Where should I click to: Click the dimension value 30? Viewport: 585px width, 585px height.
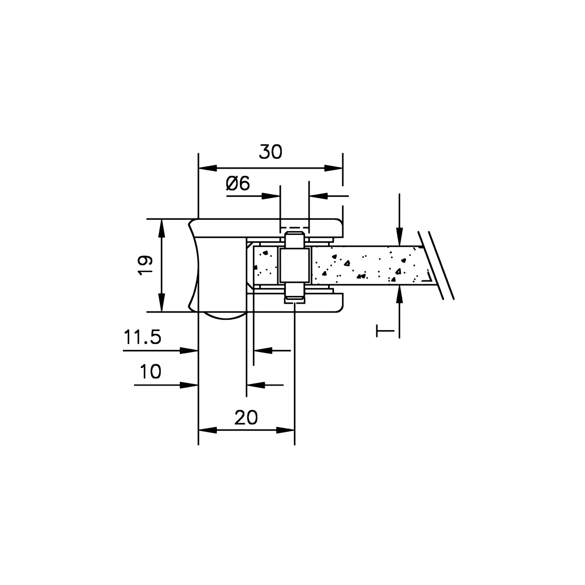coord(271,152)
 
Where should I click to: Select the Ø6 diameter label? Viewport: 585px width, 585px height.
coord(238,183)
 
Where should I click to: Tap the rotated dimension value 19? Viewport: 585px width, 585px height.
coord(145,265)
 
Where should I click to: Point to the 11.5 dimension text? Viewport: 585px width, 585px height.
coord(142,337)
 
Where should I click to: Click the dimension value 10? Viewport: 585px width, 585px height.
coord(151,371)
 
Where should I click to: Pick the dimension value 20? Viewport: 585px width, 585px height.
coord(246,417)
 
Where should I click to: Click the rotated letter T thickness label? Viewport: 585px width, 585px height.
coord(385,331)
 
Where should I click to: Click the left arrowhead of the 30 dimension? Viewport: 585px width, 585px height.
coord(208,168)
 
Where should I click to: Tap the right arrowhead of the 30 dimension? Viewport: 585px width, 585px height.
coord(333,168)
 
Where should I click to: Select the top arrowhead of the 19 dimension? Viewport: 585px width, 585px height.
coord(162,229)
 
